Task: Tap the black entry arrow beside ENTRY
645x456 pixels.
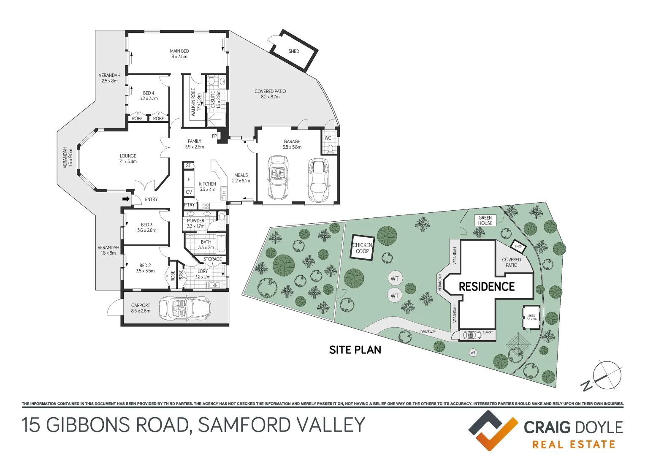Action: click(x=126, y=199)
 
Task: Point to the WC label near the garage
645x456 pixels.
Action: click(x=328, y=138)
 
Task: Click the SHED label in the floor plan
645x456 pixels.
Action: click(x=294, y=52)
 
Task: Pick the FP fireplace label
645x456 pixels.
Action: click(x=214, y=136)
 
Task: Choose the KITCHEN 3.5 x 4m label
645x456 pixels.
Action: click(x=207, y=187)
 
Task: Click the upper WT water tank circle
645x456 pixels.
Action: click(x=394, y=279)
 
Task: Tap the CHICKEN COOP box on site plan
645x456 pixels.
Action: click(x=362, y=248)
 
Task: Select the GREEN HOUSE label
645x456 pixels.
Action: click(x=485, y=220)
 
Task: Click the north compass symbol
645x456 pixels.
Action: click(x=607, y=375)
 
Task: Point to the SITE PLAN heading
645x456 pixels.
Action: click(x=355, y=350)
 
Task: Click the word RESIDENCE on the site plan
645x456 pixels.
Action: click(x=487, y=287)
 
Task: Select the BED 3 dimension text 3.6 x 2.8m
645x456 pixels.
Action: click(x=146, y=231)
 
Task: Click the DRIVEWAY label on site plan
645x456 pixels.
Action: click(x=428, y=332)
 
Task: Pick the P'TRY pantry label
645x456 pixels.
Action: click(x=190, y=205)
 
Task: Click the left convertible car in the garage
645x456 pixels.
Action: click(x=278, y=178)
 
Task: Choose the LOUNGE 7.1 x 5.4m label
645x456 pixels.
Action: click(x=128, y=159)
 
